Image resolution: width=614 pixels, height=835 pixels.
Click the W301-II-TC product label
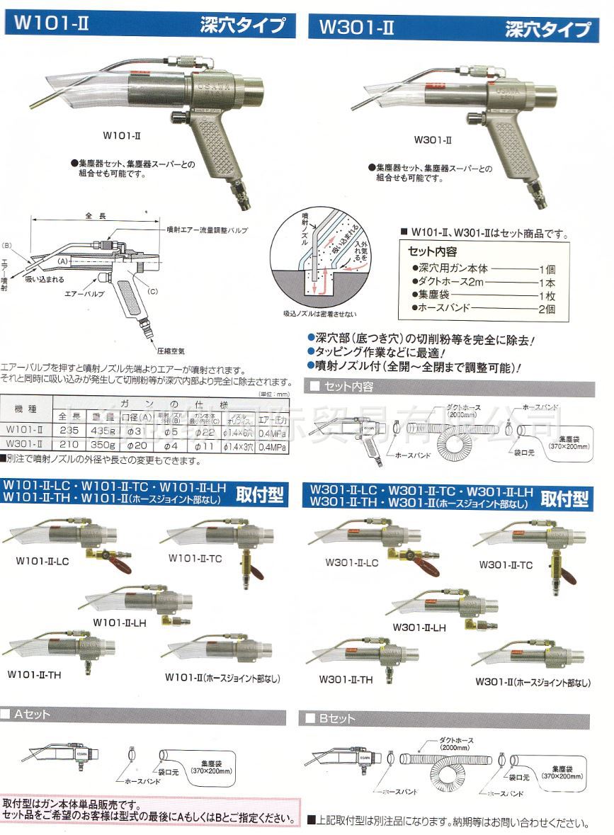(505, 564)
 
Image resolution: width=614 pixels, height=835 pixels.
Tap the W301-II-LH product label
(420, 627)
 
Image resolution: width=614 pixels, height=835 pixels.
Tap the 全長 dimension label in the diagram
(96, 215)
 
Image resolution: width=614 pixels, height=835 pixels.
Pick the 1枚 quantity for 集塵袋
(548, 295)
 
